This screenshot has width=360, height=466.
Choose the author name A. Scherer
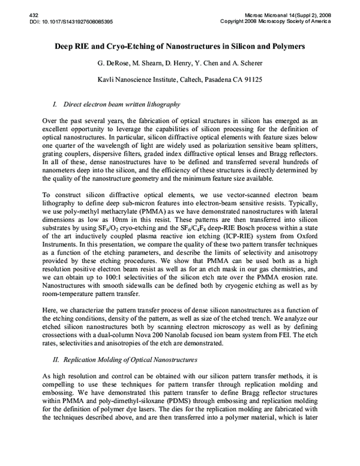247,65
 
